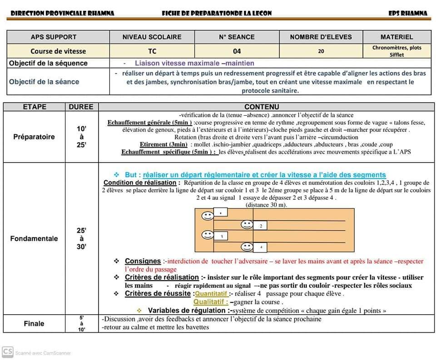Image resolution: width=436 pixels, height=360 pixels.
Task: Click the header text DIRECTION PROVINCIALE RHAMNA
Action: pos(62,13)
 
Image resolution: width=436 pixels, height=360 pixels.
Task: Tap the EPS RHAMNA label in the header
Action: pos(408,13)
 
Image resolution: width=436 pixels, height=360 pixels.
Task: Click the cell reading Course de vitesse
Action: pos(58,51)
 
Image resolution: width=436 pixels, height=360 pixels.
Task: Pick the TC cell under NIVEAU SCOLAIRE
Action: pos(152,51)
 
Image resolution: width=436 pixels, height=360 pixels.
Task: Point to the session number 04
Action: pos(237,51)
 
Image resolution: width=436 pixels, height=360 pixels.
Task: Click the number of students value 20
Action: pos(321,51)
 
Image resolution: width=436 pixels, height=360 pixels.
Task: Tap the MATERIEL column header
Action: pos(396,37)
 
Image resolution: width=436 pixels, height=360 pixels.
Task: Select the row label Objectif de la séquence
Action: pos(48,63)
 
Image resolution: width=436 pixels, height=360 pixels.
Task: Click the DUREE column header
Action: pos(81,107)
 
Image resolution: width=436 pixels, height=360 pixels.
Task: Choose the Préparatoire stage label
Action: pos(34,137)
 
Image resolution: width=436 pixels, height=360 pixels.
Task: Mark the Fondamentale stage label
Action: pos(34,238)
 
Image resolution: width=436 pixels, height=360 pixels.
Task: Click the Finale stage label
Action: pos(34,323)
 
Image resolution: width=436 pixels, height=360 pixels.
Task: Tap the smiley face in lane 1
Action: pos(208,215)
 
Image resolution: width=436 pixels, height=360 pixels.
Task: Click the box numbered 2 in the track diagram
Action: pos(260,226)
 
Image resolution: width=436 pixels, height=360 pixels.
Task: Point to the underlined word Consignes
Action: pos(143,261)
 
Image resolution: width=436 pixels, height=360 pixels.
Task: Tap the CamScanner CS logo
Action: pos(7,352)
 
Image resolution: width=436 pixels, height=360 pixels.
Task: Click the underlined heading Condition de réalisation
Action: pos(139,182)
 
